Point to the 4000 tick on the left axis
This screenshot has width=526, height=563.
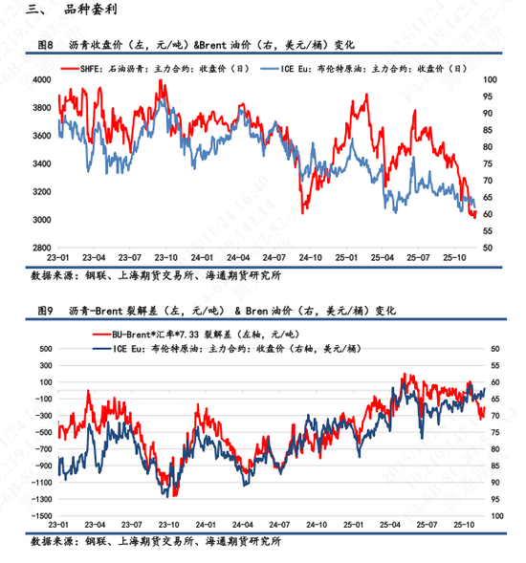click(40, 79)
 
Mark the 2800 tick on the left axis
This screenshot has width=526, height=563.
click(40, 248)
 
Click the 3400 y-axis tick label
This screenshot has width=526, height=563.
click(40, 163)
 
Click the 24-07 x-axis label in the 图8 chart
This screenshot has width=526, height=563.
click(274, 258)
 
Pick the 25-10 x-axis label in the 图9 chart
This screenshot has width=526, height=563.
click(466, 525)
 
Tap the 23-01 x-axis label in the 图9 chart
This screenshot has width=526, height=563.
click(59, 525)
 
